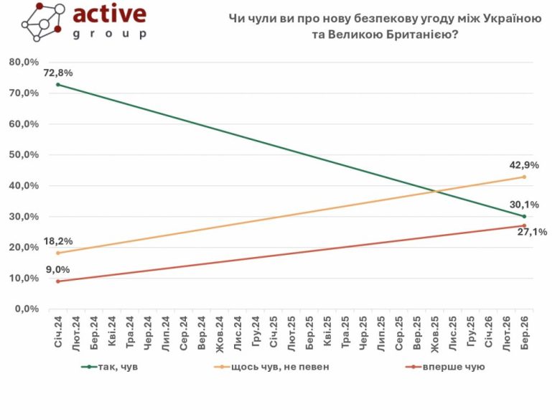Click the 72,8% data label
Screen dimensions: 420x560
click(x=58, y=73)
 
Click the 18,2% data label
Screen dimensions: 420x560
click(x=58, y=241)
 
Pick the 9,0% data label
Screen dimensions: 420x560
click(x=58, y=270)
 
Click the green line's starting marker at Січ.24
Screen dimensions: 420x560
click(x=58, y=85)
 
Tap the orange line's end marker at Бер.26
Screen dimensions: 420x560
click(x=524, y=177)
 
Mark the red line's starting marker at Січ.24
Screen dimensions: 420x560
click(x=58, y=281)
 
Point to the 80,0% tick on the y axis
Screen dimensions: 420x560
click(x=24, y=62)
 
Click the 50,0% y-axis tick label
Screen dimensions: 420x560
click(x=24, y=155)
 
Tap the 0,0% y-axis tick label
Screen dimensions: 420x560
click(x=27, y=309)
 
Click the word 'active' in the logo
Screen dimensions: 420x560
click(x=110, y=14)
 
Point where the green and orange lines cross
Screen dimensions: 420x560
click(x=434, y=192)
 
